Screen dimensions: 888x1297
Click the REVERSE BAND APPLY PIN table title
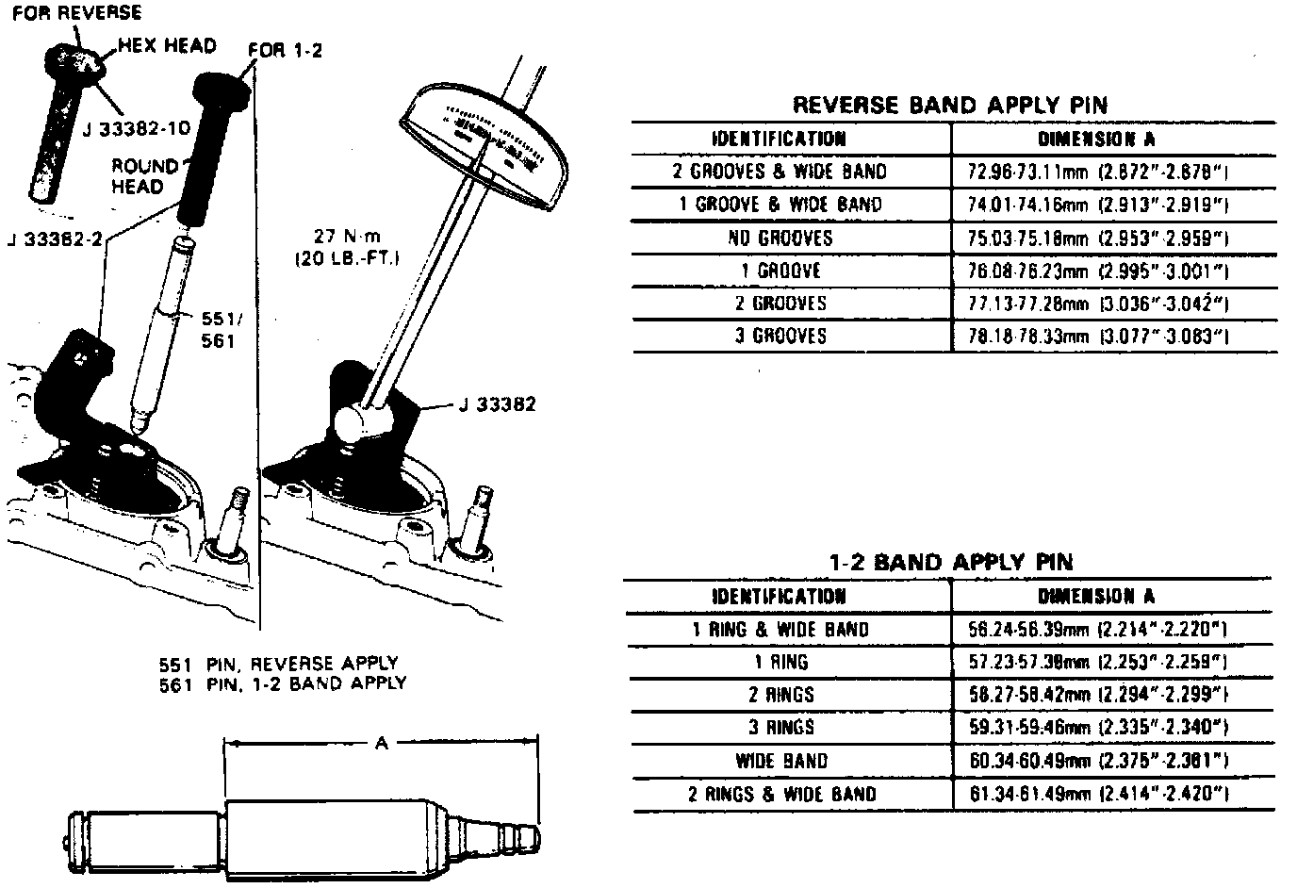point(949,105)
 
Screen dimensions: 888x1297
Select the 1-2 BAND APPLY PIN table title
point(949,563)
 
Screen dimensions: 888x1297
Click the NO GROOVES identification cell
point(780,238)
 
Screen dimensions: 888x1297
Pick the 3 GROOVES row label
point(780,336)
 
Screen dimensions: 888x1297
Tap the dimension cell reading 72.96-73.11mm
point(1099,172)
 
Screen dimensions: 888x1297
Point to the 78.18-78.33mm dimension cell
point(1099,336)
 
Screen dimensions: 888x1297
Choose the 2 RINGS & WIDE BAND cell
point(781,794)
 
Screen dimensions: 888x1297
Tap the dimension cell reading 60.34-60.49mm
point(1097,761)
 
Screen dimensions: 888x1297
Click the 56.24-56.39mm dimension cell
point(1097,630)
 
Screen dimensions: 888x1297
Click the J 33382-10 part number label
point(137,128)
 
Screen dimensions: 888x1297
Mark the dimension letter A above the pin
point(381,744)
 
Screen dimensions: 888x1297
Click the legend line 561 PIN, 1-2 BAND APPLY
point(283,683)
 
